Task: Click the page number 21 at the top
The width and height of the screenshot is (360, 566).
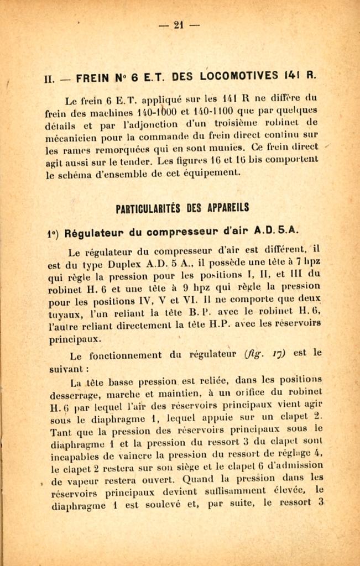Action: (179, 24)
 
